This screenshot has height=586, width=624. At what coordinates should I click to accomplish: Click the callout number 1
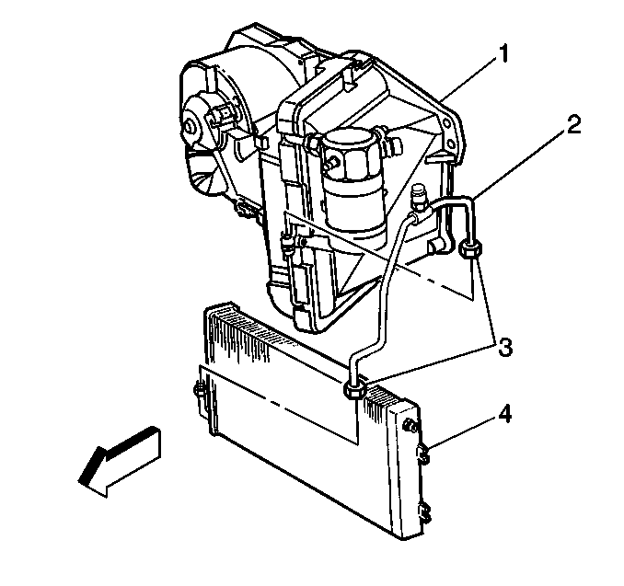[x=503, y=54]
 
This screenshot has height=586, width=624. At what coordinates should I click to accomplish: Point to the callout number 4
[x=503, y=415]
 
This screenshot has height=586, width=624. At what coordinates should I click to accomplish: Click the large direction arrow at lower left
[x=120, y=462]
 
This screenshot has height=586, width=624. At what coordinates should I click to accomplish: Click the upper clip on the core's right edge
[x=424, y=454]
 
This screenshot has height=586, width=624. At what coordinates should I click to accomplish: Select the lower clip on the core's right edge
[x=424, y=512]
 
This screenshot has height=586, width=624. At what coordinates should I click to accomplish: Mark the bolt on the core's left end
[x=200, y=390]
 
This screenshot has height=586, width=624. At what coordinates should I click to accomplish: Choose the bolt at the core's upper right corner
[x=410, y=426]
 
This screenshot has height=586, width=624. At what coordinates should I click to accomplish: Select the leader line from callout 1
[x=468, y=78]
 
